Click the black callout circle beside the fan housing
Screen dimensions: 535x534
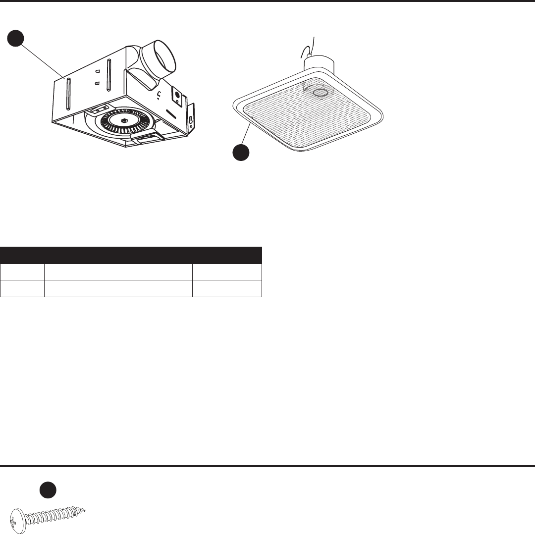[16, 38]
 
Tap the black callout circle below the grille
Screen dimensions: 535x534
[241, 152]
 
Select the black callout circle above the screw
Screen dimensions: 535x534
[47, 489]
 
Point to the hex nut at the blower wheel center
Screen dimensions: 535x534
[123, 120]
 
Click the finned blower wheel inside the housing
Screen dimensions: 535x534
[123, 121]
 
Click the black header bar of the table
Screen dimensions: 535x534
[131, 256]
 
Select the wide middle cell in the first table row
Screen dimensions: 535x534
[118, 272]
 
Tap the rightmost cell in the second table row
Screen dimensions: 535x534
[227, 288]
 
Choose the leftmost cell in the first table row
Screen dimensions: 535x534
[22, 272]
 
